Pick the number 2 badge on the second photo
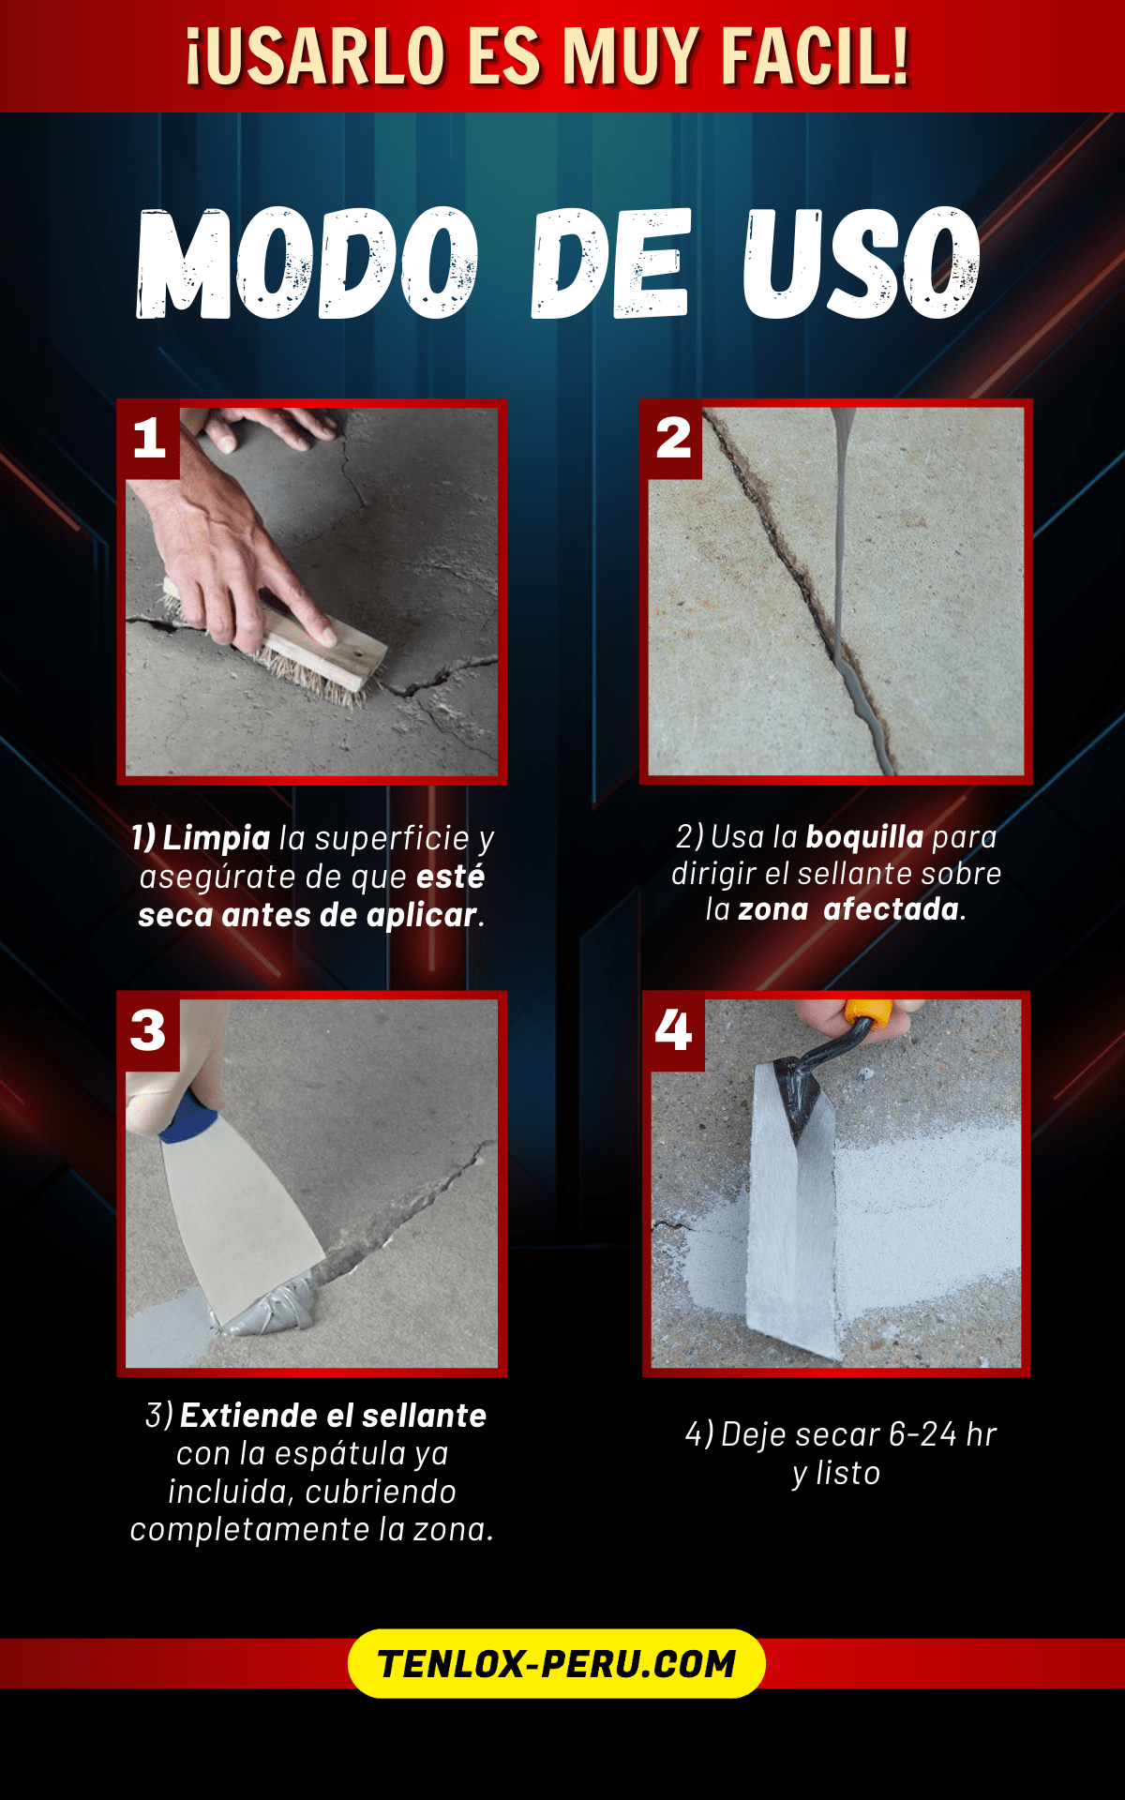pyautogui.click(x=673, y=439)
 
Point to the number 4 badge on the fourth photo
pyautogui.click(x=674, y=1031)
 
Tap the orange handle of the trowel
pyautogui.click(x=869, y=1013)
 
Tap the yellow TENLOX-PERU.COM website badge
pyautogui.click(x=557, y=1663)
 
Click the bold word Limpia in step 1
pyautogui.click(x=217, y=838)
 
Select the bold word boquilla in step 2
pyautogui.click(x=864, y=836)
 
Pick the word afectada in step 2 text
pyautogui.click(x=891, y=909)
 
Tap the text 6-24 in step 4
pyautogui.click(x=922, y=1434)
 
